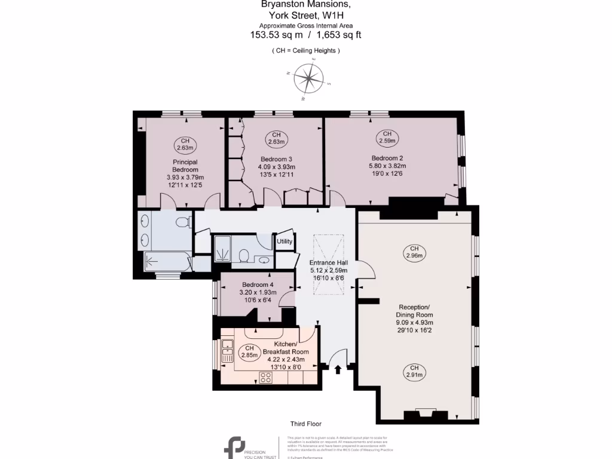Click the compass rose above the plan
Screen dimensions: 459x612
tap(309, 79)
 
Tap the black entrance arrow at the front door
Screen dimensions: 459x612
tap(338, 369)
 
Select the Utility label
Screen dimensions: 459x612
tap(284, 241)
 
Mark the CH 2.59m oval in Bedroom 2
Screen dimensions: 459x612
tap(387, 137)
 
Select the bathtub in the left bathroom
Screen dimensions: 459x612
tap(167, 261)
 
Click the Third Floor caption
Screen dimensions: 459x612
tap(306, 424)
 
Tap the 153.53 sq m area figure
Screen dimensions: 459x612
tap(276, 35)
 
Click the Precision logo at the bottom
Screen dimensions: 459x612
tap(234, 447)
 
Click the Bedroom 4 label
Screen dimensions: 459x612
tap(258, 284)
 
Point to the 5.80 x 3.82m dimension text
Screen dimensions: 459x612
tap(388, 166)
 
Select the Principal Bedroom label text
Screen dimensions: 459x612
tap(185, 166)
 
